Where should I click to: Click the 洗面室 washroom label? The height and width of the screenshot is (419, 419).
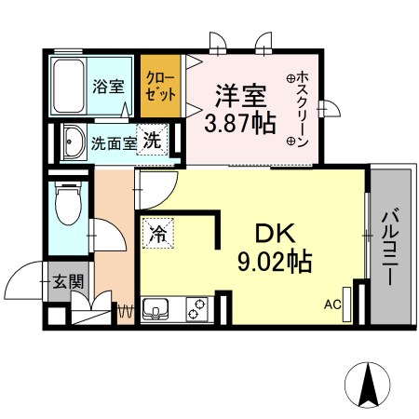pos(113,144)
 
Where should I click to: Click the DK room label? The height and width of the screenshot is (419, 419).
pos(270,230)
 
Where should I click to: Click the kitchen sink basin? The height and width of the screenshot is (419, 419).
pos(155,307)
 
